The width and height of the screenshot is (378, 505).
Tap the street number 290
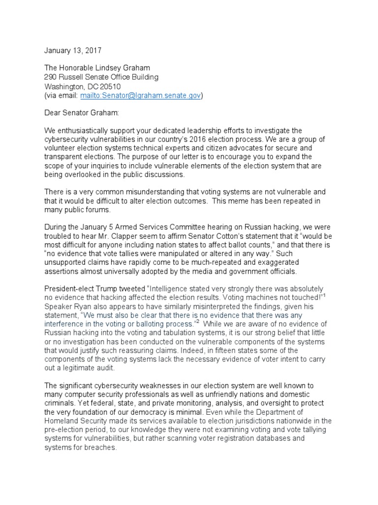[51, 77]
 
